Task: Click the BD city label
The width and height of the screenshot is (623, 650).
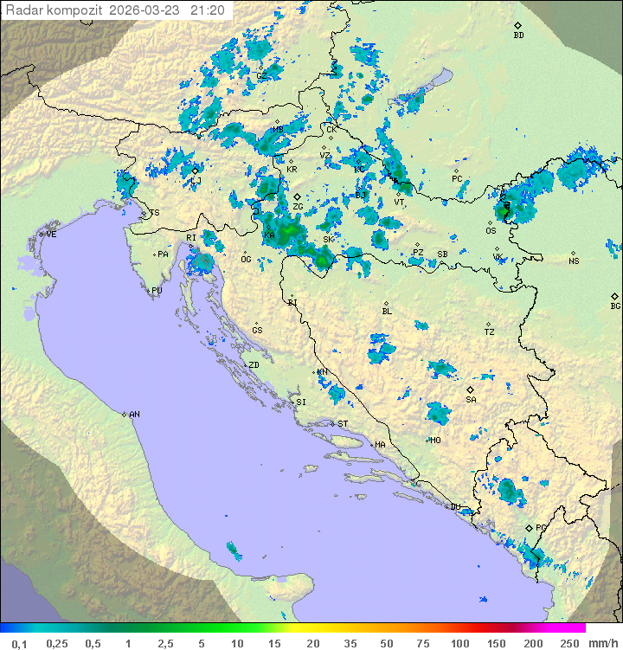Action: click(x=518, y=35)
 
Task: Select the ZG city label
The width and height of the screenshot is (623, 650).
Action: click(x=298, y=207)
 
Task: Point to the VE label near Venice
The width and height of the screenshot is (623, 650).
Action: click(x=51, y=235)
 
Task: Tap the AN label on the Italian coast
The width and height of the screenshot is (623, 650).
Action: click(x=134, y=415)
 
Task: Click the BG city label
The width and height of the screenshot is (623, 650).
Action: click(x=615, y=306)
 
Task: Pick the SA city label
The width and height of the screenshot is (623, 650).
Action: click(x=471, y=400)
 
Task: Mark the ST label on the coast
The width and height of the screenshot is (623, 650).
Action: click(x=343, y=424)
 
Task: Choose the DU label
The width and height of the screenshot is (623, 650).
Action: click(x=454, y=507)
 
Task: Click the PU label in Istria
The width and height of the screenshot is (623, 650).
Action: click(x=157, y=291)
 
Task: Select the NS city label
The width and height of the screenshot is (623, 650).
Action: click(x=574, y=261)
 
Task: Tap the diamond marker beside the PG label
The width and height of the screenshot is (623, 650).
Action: click(x=529, y=527)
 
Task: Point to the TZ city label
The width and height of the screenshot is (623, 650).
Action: click(x=490, y=331)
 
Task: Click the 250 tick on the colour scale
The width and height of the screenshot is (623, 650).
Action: click(x=569, y=643)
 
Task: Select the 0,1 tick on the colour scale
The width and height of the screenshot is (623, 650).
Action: click(x=20, y=643)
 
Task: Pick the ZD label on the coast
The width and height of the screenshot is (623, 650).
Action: click(x=254, y=365)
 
